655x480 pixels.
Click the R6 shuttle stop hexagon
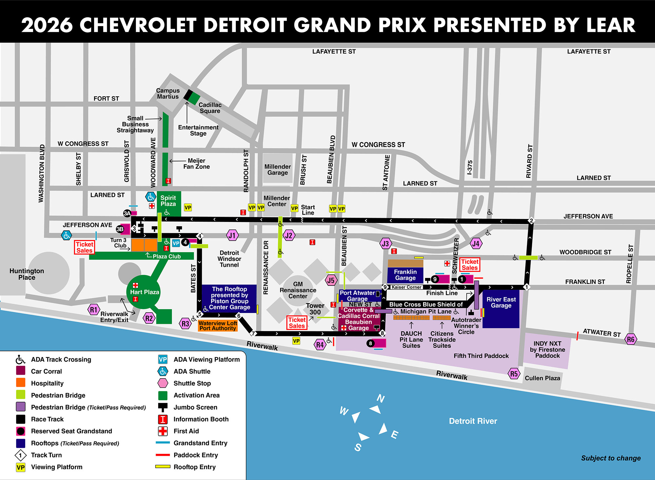coord(631,339)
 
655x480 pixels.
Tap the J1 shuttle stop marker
coord(232,235)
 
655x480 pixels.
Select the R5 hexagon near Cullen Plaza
coord(514,374)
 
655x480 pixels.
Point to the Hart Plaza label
coord(144,292)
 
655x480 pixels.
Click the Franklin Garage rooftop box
coord(405,275)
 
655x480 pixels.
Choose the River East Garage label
coord(501,303)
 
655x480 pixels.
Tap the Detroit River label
coord(473,421)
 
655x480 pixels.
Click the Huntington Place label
coord(27,274)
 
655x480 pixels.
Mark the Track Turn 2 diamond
coord(531,221)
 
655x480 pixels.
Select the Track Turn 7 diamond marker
coord(253,334)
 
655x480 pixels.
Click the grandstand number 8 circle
coord(370,343)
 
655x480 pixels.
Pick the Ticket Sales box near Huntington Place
coord(84,247)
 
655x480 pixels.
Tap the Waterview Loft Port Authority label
coord(218,325)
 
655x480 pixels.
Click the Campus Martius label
coord(168,94)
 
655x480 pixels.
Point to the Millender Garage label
coord(277,170)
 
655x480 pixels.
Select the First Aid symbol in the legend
coord(163,431)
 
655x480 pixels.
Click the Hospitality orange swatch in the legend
coord(21,383)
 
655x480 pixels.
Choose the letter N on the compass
coord(381,398)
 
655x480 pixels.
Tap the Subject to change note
coord(611,458)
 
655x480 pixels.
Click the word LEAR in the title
coord(610,25)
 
